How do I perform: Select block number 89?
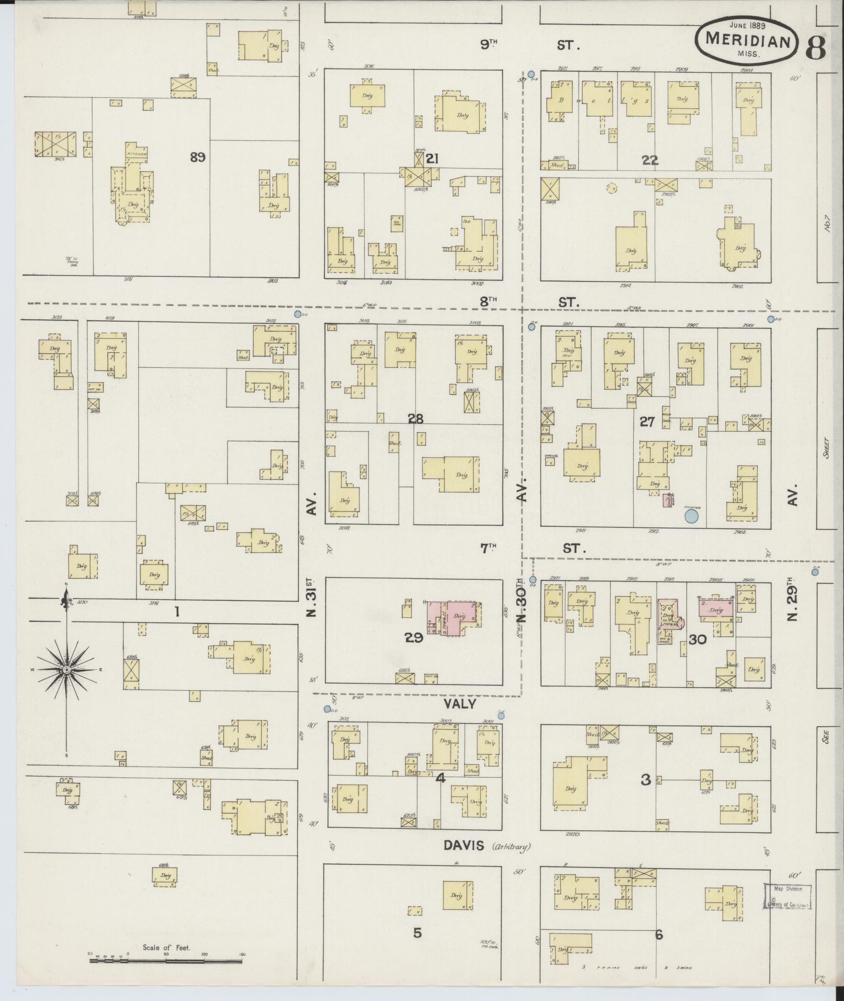coord(197,157)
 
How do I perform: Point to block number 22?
coord(650,161)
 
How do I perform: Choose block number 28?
coord(416,419)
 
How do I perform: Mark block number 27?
coord(647,421)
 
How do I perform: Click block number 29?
coord(413,637)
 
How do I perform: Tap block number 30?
coord(697,639)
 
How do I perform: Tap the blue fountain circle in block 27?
coord(692,516)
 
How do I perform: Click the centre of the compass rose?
coord(66,670)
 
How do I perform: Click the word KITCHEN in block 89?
coord(135,155)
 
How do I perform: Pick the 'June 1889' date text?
coord(747,25)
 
